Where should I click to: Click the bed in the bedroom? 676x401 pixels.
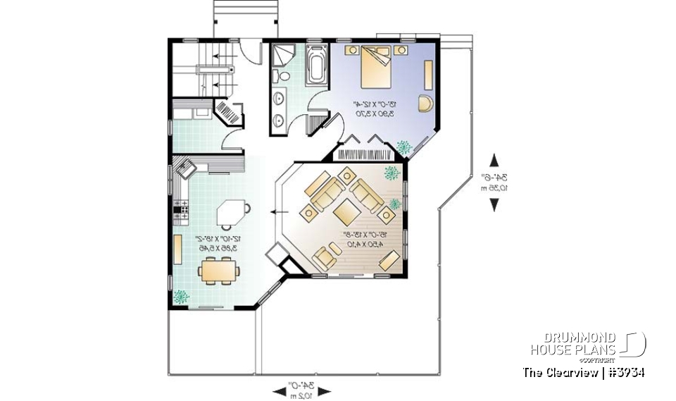pyautogui.click(x=375, y=66)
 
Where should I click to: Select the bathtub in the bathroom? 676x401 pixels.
pyautogui.click(x=316, y=66)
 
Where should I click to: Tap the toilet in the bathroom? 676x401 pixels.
pyautogui.click(x=280, y=76)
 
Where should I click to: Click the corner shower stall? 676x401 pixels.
pyautogui.click(x=284, y=54)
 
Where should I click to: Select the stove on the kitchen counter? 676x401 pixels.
pyautogui.click(x=181, y=207)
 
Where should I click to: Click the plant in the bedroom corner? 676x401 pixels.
pyautogui.click(x=404, y=147)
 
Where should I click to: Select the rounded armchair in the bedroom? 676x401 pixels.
pyautogui.click(x=426, y=103)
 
